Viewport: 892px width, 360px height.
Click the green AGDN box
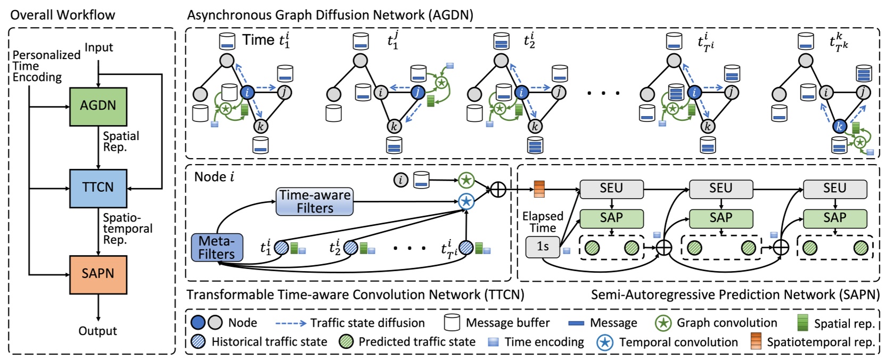point(98,106)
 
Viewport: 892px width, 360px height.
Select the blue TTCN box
point(98,188)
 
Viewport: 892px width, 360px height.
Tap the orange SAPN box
point(98,274)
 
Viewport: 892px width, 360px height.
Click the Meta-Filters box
point(217,248)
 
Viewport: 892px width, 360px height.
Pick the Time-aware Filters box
point(314,201)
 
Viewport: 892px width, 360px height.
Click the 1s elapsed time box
point(542,247)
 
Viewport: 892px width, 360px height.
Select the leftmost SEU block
point(611,189)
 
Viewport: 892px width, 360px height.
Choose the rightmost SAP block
point(834,218)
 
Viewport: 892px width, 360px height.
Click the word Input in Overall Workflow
point(99,47)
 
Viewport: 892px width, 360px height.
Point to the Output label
point(97,331)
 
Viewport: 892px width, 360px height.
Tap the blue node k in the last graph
point(839,126)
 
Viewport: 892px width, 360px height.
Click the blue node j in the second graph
point(418,93)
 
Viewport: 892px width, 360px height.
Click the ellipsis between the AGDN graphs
point(603,93)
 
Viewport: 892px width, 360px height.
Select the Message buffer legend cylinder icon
point(452,322)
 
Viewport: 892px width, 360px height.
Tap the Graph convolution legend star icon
point(662,322)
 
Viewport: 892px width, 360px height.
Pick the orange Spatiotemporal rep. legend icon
point(756,341)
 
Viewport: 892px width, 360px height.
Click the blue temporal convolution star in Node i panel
point(466,201)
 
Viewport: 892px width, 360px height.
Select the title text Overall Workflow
point(62,15)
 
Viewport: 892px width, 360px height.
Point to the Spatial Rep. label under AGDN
point(121,141)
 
